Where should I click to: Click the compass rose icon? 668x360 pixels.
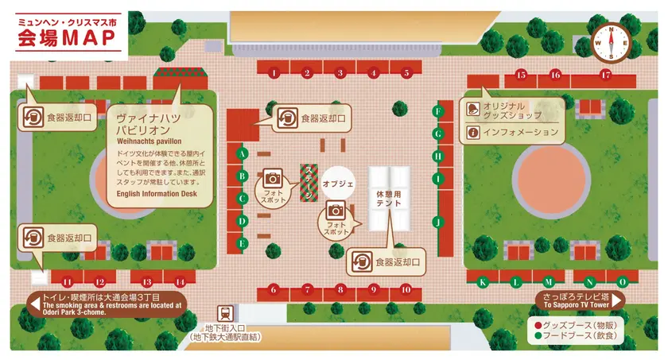tap(612, 41)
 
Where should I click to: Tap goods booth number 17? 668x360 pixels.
tap(606, 75)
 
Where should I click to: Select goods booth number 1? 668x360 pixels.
tap(274, 73)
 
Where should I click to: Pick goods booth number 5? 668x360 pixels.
tap(406, 73)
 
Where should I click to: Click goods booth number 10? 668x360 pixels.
tap(406, 289)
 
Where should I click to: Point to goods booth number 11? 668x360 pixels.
tap(68, 281)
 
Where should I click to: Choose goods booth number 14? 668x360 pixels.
tap(180, 281)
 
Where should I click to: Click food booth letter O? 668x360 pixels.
tap(622, 281)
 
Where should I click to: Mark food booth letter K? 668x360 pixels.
tap(482, 281)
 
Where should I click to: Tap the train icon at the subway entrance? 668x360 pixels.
tap(225, 313)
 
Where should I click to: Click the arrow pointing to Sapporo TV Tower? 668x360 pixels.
tap(617, 299)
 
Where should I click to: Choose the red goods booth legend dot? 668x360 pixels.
tap(538, 325)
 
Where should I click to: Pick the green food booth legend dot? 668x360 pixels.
tap(538, 336)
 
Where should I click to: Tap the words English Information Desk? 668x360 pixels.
tap(156, 193)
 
